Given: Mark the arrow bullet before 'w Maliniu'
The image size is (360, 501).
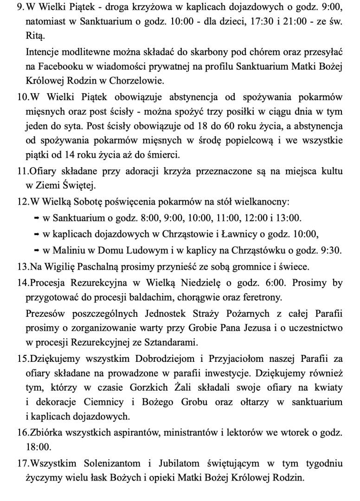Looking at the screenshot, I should point(36,250).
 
